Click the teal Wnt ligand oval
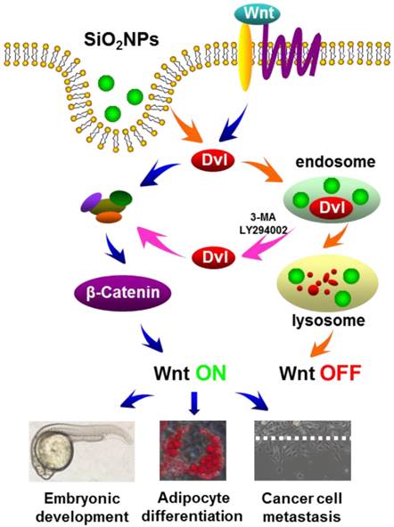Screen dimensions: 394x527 [258, 13]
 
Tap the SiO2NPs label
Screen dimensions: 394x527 [121, 41]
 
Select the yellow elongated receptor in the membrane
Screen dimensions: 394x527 [245, 58]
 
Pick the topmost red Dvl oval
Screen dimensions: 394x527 [213, 160]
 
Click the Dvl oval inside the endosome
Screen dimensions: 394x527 [332, 207]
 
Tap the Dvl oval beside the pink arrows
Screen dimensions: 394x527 [214, 257]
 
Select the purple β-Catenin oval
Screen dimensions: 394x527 [122, 292]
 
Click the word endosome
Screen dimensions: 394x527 [335, 162]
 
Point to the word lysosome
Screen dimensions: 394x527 [328, 320]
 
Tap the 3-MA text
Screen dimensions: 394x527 [263, 217]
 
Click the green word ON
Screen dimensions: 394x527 [211, 373]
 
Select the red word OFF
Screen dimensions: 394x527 [341, 373]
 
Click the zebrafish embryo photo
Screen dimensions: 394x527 [82, 451]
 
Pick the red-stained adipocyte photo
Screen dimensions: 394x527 [193, 450]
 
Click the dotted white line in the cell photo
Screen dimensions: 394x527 [302, 438]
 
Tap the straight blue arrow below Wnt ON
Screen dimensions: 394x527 [195, 402]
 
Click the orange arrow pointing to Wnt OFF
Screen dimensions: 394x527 [321, 345]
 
